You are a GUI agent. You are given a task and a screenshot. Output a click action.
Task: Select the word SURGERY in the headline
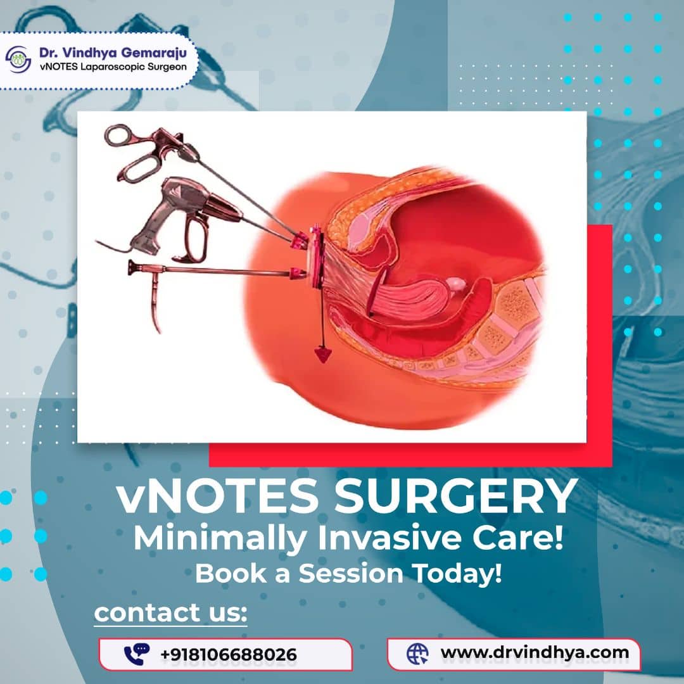tap(456, 498)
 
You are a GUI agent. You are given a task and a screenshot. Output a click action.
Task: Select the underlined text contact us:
tap(170, 612)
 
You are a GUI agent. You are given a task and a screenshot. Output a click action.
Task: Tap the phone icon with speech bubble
tap(137, 653)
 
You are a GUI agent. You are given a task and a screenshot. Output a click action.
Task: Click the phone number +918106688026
tap(229, 654)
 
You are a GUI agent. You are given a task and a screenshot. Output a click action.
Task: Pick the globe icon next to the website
tap(417, 652)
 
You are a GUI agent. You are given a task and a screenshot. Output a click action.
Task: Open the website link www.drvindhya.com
tap(535, 652)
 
